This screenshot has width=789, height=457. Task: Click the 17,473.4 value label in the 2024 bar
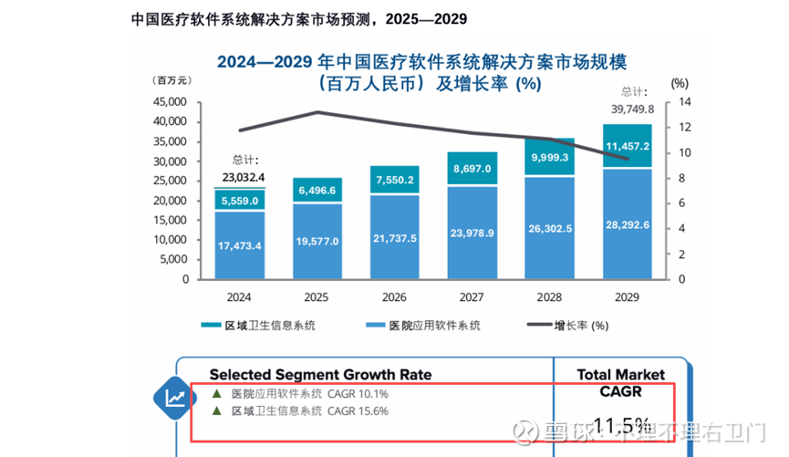point(241,246)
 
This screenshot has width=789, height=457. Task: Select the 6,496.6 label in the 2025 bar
point(318,190)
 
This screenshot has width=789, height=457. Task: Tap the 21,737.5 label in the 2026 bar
point(395,238)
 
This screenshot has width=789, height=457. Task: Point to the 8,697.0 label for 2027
point(472,169)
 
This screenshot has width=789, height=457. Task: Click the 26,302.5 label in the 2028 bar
point(550,229)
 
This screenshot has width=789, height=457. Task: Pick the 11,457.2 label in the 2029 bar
point(627,146)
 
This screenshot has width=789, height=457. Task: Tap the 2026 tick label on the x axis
point(395,297)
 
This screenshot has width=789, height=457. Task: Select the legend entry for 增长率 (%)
point(571,326)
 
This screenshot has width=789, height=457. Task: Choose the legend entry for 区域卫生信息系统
point(265,326)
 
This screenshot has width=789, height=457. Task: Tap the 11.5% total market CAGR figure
point(622,424)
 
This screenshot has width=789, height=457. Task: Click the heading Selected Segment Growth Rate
point(320,374)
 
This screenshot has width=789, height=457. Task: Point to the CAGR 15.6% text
point(358,411)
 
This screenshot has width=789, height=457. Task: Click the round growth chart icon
point(173,397)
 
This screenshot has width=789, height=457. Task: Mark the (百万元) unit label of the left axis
point(172,80)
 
